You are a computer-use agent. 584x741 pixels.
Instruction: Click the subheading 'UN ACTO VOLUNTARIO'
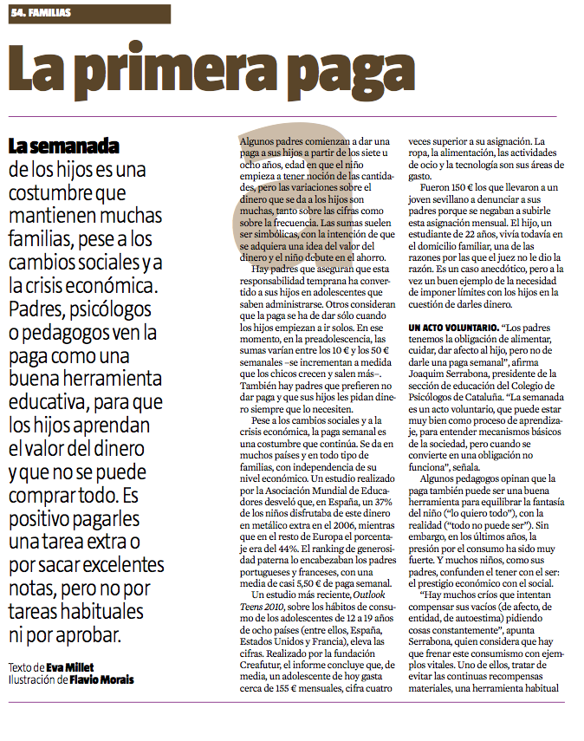(x=448, y=328)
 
